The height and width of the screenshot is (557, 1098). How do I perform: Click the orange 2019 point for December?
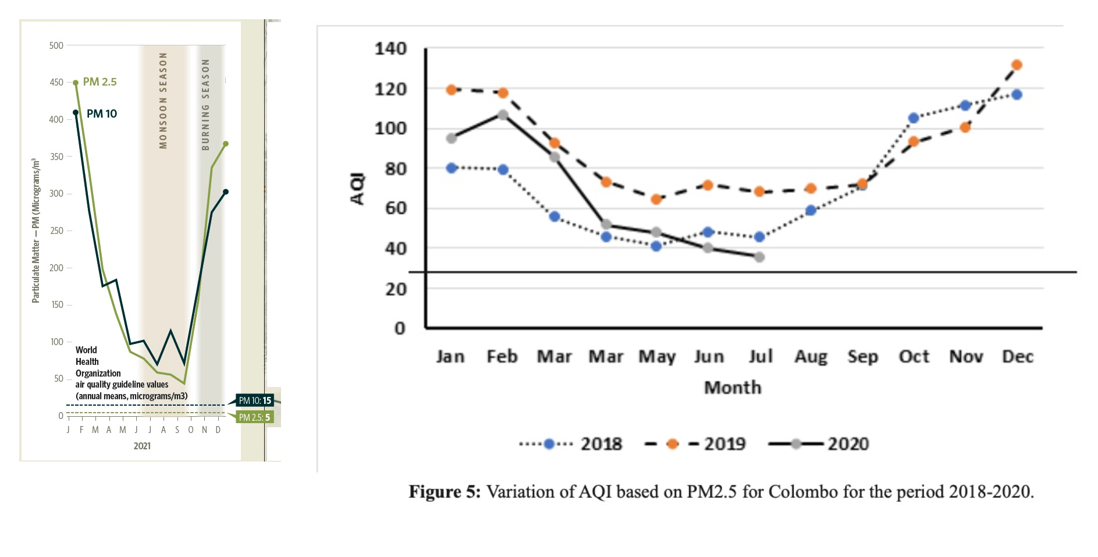tap(1017, 65)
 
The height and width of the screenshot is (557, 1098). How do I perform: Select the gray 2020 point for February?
tap(503, 115)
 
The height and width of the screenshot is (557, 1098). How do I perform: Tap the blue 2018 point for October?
tap(914, 118)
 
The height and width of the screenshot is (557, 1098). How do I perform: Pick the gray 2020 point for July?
tap(759, 257)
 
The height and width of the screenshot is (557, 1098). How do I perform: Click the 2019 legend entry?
tap(695, 444)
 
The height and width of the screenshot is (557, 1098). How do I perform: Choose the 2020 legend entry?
tap(819, 444)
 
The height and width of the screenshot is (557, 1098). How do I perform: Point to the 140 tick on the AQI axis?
tap(390, 48)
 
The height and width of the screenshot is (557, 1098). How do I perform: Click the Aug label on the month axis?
tap(811, 356)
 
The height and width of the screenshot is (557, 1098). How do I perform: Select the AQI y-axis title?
tap(357, 189)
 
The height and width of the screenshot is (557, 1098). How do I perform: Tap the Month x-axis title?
tap(733, 388)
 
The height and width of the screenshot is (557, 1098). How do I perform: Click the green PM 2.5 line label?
tap(100, 82)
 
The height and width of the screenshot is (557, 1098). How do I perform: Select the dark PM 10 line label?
tap(102, 113)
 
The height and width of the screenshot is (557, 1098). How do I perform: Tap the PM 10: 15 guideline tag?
tap(255, 400)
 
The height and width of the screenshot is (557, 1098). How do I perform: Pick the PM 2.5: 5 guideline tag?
tap(254, 417)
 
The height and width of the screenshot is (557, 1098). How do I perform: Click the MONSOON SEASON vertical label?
tap(163, 100)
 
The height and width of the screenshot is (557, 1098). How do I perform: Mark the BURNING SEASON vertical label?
tap(205, 105)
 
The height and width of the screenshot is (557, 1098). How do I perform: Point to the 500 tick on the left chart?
tap(56, 45)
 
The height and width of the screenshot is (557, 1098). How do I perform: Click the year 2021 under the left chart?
tap(142, 446)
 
